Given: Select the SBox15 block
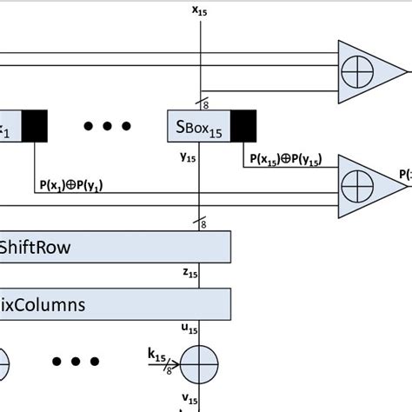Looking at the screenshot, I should pyautogui.click(x=197, y=127).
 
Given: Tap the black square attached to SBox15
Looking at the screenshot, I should pyautogui.click(x=243, y=127).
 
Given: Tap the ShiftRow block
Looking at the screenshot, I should pyautogui.click(x=115, y=248).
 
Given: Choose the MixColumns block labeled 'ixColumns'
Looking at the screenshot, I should pyautogui.click(x=115, y=304).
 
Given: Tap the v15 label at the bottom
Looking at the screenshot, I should pyautogui.click(x=188, y=399).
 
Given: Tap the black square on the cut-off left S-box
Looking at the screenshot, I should pyautogui.click(x=35, y=127).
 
